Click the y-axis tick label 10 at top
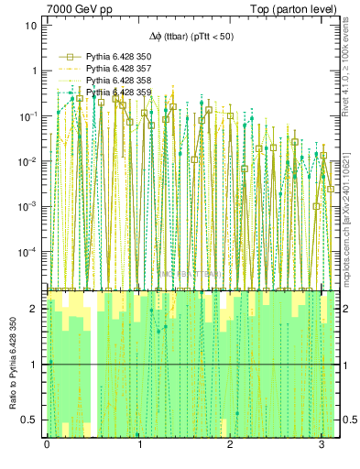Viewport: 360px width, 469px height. (30, 26)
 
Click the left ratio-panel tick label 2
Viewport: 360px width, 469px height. (35, 309)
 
